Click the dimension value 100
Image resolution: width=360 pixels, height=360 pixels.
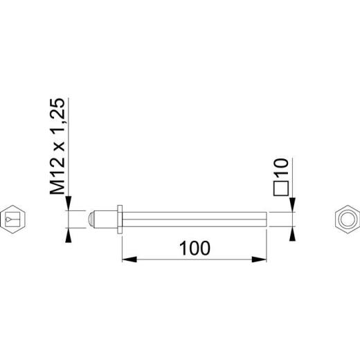coord(195,248)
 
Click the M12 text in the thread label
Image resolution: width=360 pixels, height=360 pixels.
coord(57,177)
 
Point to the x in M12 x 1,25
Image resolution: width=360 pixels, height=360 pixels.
coord(60,145)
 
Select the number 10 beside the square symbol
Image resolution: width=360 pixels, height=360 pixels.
coord(280,167)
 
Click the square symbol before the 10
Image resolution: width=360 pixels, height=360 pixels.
coord(281,188)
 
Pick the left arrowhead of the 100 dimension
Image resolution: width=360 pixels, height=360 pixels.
coord(129,260)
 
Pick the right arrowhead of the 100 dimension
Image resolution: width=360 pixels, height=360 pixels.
coord(259,260)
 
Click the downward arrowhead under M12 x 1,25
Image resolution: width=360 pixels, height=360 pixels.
coord(69,203)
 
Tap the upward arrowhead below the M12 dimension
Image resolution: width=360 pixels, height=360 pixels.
coord(69,235)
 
